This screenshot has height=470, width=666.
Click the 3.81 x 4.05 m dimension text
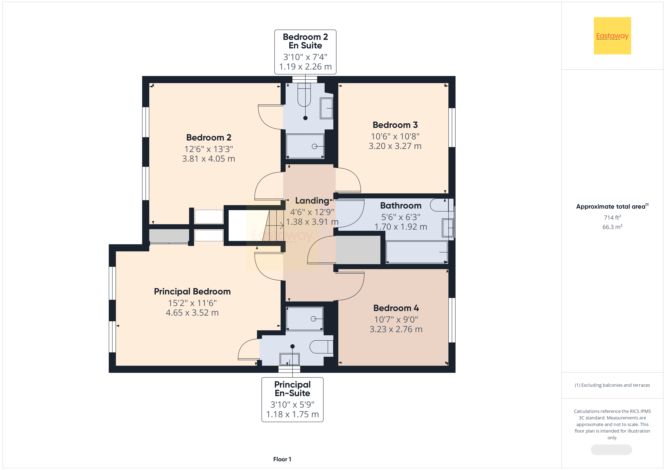point(209,159)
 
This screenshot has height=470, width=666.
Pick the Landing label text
point(312,201)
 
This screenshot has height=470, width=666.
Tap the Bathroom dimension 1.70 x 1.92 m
point(401,227)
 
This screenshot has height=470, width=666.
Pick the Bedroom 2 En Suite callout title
point(305,41)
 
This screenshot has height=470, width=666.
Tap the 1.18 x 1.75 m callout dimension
point(292,414)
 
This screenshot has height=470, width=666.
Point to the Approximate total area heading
point(612,206)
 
